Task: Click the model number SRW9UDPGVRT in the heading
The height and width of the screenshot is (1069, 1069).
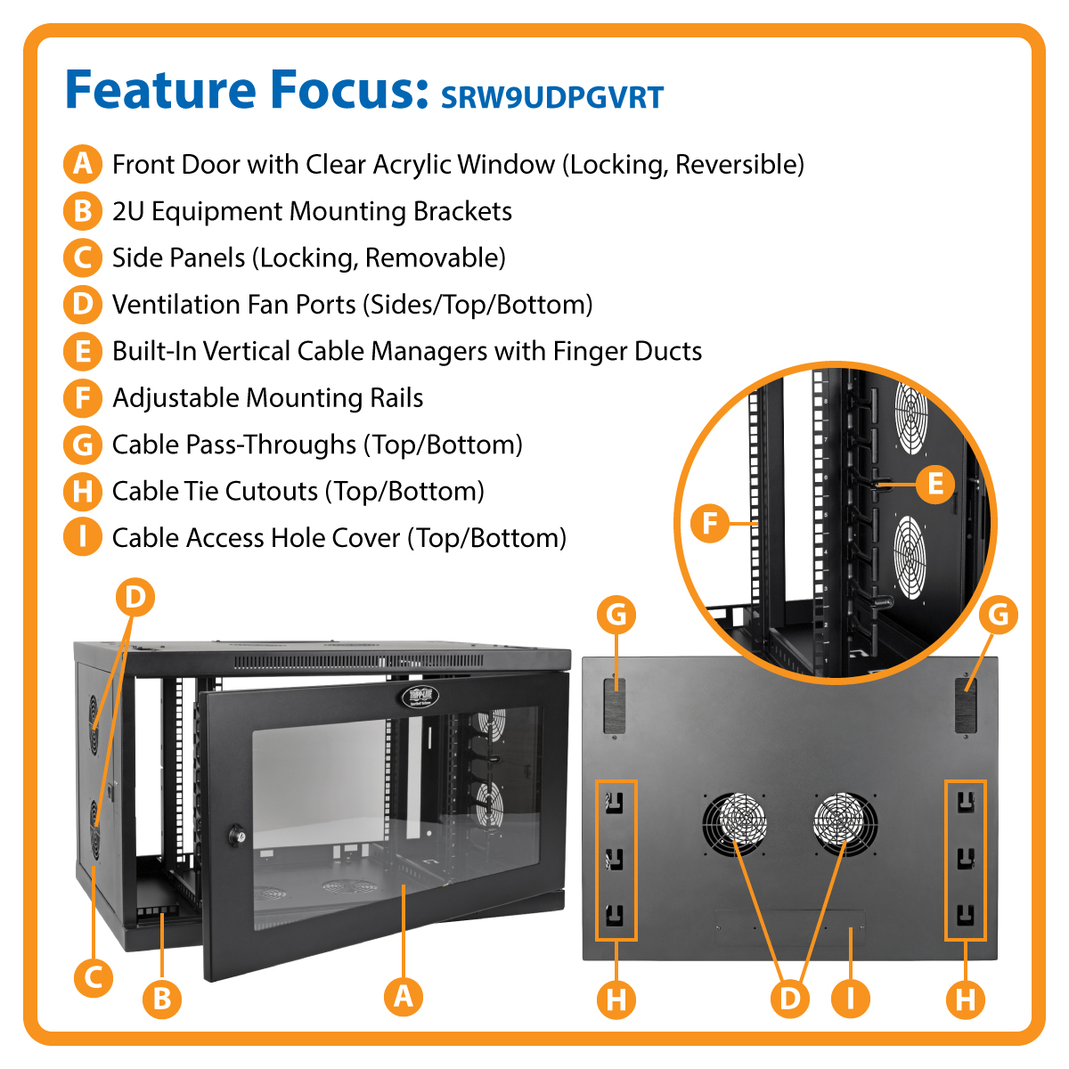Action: pos(552,97)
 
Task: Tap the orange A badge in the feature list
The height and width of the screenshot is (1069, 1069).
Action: pos(82,164)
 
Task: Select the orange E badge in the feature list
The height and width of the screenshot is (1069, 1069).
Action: pos(82,351)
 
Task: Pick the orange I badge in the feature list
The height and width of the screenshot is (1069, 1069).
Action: pos(82,537)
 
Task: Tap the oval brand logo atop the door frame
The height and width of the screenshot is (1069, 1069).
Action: pos(420,695)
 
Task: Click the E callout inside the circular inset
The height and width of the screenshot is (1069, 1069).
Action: pos(935,484)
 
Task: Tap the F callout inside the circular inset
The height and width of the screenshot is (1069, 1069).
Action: pos(710,523)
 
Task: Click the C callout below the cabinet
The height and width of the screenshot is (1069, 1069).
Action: pos(93,977)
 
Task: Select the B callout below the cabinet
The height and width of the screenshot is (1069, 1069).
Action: pos(162,998)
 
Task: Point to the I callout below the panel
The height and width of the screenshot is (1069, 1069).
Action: pos(850,999)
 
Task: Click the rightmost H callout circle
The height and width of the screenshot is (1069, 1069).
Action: pos(966,999)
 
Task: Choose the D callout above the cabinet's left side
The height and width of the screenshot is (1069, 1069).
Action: pos(135,597)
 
